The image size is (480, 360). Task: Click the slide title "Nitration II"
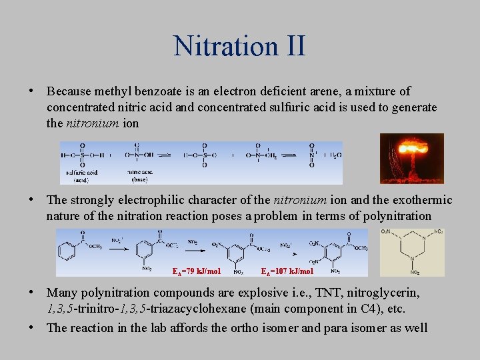click(239, 46)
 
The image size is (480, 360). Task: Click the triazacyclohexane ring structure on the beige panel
click(411, 252)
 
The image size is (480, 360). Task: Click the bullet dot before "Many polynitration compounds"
click(32, 293)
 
